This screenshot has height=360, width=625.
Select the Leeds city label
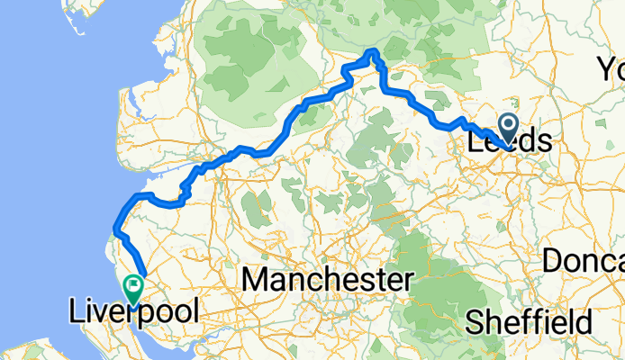coord(510,142)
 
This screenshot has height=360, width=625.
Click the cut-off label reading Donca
coord(584,261)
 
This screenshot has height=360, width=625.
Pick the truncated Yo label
coord(611,68)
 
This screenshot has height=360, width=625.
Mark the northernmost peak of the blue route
coord(373,50)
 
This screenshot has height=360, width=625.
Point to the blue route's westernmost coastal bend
coord(115,226)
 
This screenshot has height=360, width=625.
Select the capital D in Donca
coord(551,261)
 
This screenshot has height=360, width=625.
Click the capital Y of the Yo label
coord(604,68)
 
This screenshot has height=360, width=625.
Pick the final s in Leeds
coord(544,142)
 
